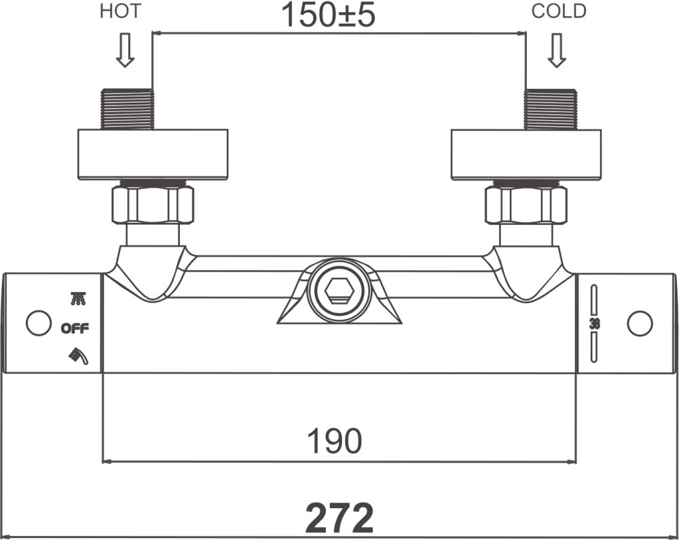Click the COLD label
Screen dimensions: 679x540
point(559,12)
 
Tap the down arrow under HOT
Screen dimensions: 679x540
point(124,51)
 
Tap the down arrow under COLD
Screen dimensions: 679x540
point(557,51)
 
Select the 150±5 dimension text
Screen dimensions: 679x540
point(328,15)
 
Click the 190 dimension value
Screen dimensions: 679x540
point(335,442)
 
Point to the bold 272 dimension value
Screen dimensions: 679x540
point(339,518)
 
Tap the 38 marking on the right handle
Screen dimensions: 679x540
point(595,323)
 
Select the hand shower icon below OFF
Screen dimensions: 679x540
point(78,355)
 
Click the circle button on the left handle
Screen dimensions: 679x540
point(38,323)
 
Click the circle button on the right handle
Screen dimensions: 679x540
point(640,323)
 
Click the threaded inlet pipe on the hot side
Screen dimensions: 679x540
point(127,108)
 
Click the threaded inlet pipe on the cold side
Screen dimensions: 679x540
point(551,108)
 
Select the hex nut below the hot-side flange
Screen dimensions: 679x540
point(153,204)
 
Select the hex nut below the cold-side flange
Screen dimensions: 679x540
point(526,204)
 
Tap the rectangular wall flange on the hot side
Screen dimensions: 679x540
point(153,154)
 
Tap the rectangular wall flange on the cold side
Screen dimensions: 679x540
point(526,154)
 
